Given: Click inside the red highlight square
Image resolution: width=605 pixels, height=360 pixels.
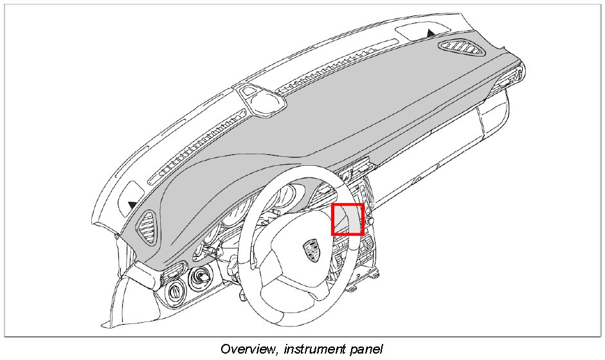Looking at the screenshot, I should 348,219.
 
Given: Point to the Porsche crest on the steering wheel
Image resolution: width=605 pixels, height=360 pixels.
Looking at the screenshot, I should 311,249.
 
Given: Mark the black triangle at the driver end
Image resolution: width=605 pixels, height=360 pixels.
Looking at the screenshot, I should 132,204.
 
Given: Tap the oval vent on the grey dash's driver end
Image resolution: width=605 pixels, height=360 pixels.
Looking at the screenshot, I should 147,226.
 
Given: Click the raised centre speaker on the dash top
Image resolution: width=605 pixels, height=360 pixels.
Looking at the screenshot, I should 260,99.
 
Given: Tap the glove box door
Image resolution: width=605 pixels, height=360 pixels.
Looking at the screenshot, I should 444,154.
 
